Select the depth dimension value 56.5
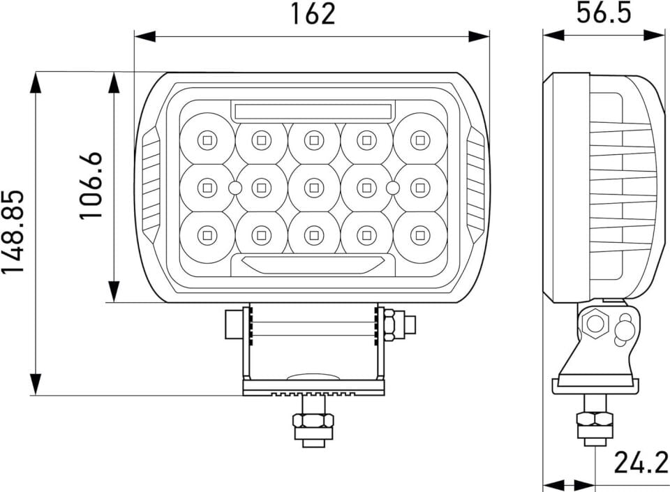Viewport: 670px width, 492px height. [x=603, y=13]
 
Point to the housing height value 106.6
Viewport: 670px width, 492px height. [x=91, y=186]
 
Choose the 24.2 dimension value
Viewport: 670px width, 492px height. [x=640, y=463]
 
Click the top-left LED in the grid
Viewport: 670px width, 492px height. [x=207, y=139]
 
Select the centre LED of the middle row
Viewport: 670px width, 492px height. [x=313, y=187]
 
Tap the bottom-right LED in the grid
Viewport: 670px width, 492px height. [x=419, y=234]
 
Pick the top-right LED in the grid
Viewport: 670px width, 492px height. [x=419, y=139]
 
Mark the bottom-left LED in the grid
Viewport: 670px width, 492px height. [x=207, y=234]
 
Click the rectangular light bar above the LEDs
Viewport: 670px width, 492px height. [x=313, y=111]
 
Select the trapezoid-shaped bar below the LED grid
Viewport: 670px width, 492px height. [x=313, y=264]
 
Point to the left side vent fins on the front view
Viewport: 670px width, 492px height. [x=151, y=186]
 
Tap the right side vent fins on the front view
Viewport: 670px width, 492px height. [x=476, y=186]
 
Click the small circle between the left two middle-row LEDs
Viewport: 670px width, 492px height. [x=234, y=187]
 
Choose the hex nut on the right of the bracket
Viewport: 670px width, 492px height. [x=391, y=325]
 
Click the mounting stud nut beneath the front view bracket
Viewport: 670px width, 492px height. [x=313, y=421]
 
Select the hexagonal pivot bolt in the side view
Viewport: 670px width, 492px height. [x=595, y=323]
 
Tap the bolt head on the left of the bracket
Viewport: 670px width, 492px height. [x=233, y=325]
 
